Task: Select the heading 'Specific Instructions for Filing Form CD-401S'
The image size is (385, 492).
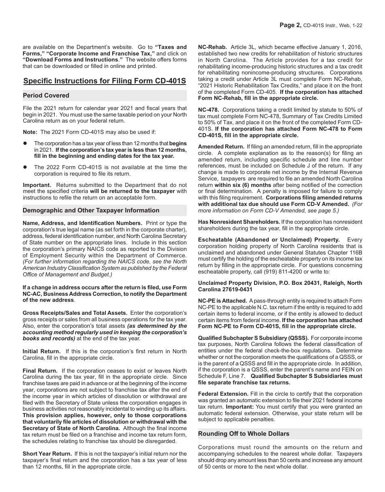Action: (105, 81)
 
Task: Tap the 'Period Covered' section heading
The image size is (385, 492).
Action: (46, 95)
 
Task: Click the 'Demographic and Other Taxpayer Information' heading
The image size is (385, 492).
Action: (91, 210)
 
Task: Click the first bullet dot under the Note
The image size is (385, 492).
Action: (25, 143)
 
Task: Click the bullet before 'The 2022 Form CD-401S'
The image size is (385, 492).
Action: (25, 167)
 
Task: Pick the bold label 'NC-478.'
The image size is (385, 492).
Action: (209, 110)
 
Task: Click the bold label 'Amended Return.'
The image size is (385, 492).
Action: (221, 146)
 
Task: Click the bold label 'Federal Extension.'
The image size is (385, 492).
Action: (223, 394)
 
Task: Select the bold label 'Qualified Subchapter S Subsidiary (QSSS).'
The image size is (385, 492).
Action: (253, 338)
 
